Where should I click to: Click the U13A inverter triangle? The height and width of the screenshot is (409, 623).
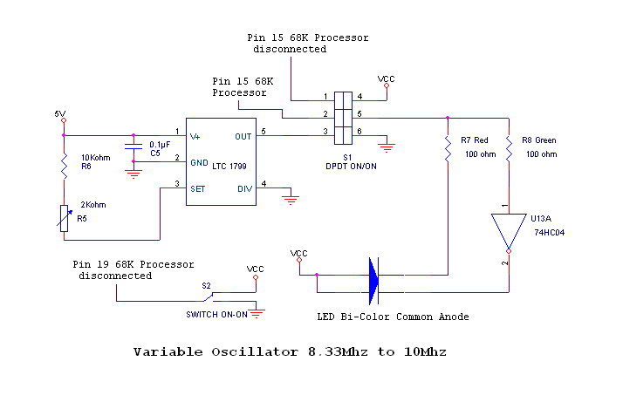click(x=507, y=233)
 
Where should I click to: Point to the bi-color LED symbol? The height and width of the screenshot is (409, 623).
click(x=374, y=275)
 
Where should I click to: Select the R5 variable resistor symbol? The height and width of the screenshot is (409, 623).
click(x=64, y=217)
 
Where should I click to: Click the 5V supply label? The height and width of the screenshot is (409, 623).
click(x=59, y=114)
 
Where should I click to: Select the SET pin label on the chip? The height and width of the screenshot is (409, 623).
click(x=198, y=187)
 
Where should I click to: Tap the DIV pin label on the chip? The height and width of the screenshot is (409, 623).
click(x=243, y=187)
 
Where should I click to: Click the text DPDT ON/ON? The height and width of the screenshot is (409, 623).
click(x=346, y=165)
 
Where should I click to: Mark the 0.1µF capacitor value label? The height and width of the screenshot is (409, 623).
click(x=160, y=144)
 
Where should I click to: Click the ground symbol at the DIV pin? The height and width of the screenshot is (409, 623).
click(x=291, y=199)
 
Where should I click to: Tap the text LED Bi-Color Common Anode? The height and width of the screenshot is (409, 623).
click(x=393, y=317)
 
